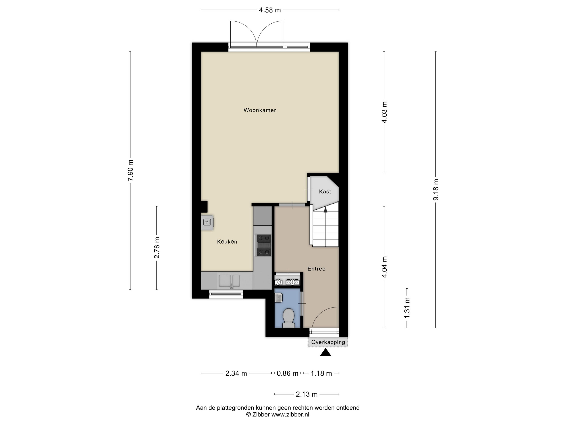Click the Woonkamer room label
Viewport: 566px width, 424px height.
point(260,110)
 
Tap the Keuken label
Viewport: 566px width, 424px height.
point(227,241)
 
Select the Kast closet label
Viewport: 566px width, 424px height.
point(325,191)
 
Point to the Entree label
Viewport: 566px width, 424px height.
point(316,269)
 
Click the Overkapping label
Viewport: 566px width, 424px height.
point(328,342)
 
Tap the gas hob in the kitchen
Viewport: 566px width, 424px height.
point(264,245)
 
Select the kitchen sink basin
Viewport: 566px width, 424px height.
point(229,281)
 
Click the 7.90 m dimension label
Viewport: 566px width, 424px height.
point(131,170)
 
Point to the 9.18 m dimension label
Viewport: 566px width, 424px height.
point(436,189)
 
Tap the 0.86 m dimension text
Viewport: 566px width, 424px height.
point(287,373)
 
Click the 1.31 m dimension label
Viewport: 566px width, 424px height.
point(407,308)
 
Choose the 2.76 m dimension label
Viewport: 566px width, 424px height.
point(157,248)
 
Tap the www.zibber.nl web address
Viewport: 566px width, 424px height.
point(290,415)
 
